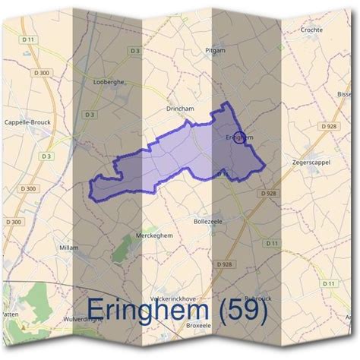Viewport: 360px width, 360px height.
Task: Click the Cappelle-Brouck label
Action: pos(27,122)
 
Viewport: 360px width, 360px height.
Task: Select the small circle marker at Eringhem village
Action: pos(240,137)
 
